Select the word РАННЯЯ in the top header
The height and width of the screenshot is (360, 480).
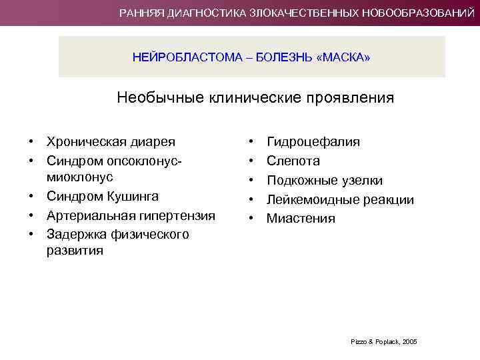141,13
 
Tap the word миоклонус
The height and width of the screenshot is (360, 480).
79,177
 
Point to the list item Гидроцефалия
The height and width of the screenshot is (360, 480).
313,142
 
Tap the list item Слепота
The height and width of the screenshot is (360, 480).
293,161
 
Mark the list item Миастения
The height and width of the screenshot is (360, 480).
301,219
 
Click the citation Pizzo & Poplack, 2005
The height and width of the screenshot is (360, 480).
383,341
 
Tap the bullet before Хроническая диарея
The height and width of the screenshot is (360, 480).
31,141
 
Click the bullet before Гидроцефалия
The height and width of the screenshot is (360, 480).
251,142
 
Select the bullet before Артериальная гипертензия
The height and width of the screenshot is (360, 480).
31,215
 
